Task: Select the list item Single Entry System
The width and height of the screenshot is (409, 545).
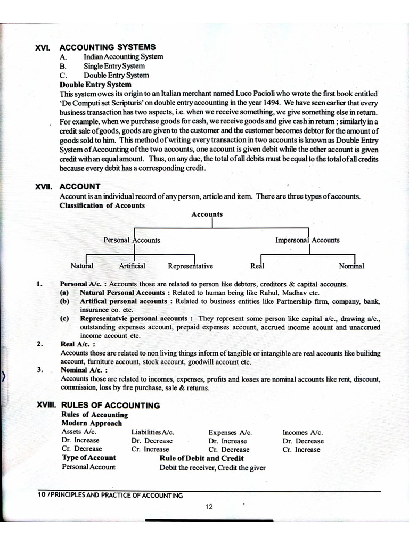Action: click(114, 66)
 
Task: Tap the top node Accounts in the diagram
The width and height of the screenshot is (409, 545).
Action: click(207, 214)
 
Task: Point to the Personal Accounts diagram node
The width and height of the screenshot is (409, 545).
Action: click(132, 240)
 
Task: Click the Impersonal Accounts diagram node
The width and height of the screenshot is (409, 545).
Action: click(307, 240)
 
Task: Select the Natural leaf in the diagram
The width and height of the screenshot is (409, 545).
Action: click(82, 266)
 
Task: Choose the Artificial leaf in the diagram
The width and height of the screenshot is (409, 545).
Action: click(132, 266)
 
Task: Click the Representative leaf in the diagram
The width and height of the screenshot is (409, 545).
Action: click(190, 266)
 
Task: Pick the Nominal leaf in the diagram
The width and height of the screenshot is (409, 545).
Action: click(351, 266)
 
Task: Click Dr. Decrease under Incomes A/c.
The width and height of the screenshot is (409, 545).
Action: click(303, 441)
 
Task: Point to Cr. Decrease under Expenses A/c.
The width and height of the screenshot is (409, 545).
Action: click(229, 449)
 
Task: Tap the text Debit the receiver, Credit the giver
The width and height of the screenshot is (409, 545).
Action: click(212, 468)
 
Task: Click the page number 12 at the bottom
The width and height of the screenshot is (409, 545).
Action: click(209, 507)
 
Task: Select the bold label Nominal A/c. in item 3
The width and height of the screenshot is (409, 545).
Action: click(84, 370)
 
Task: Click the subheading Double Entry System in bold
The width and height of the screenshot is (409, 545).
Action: click(95, 84)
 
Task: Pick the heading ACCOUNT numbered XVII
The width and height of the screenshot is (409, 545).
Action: click(80, 186)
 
